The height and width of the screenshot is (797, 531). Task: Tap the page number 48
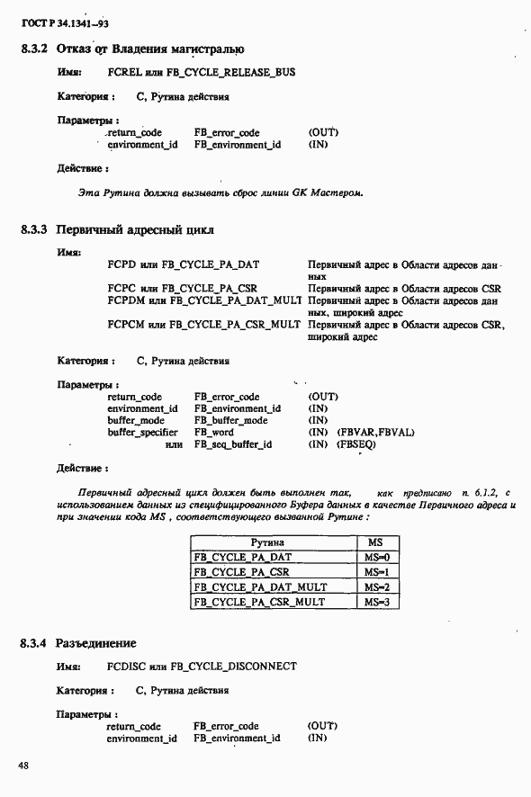tap(22, 765)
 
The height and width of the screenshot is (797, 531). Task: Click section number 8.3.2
tap(34, 49)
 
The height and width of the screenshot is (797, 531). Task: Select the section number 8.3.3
tap(34, 229)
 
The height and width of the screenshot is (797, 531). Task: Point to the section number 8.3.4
tap(34, 643)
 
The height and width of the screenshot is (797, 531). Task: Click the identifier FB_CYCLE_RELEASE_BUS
tap(230, 72)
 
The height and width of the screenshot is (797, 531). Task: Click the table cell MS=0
tap(375, 558)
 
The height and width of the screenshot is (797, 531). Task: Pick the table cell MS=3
tap(375, 601)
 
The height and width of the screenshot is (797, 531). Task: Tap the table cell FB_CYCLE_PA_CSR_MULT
tap(259, 601)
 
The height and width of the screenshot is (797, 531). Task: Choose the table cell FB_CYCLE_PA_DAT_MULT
tap(259, 587)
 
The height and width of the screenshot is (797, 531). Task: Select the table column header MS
tap(375, 543)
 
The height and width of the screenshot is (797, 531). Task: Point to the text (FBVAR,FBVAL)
tap(375, 433)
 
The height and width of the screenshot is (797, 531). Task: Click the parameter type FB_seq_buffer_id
tap(233, 444)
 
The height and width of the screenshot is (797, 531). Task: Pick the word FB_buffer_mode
tap(230, 420)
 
